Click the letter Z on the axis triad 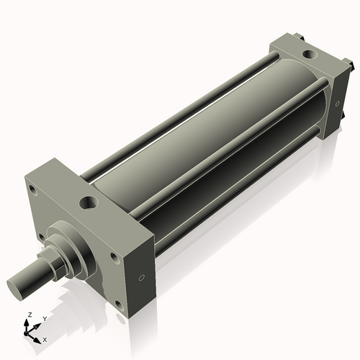28,315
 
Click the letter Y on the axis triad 44,318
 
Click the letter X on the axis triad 45,338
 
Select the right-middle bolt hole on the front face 113,257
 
